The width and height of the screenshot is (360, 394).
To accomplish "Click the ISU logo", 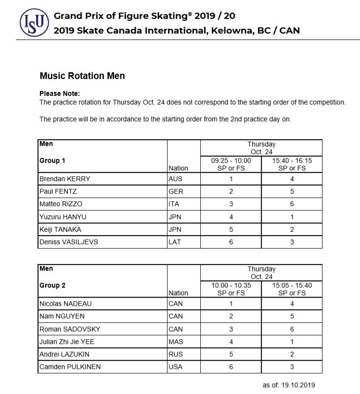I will [34, 22].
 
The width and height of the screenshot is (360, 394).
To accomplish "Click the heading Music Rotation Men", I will [82, 76].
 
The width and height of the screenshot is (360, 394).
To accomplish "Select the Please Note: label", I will [60, 94].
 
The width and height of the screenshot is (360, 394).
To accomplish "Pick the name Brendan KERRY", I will [64, 179].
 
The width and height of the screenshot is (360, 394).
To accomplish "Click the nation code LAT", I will [175, 242].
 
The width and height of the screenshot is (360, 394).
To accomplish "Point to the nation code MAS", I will [176, 341].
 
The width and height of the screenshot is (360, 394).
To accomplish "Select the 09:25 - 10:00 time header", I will [231, 161].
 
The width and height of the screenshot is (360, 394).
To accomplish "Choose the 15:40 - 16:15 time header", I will [292, 161].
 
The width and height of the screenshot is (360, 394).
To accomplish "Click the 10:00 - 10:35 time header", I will [231, 286].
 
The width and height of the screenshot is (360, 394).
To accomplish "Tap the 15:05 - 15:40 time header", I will [292, 286].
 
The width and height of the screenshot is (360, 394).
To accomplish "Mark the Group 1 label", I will [52, 160].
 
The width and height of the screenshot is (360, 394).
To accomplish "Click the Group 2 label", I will [52, 285].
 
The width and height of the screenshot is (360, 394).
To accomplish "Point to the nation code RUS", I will [176, 354].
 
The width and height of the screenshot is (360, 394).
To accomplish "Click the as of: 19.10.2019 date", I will [289, 385].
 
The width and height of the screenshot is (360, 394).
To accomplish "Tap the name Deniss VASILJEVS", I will [68, 242].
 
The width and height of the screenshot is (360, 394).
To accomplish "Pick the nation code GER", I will [176, 192].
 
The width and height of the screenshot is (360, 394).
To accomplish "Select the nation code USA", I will [176, 367].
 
